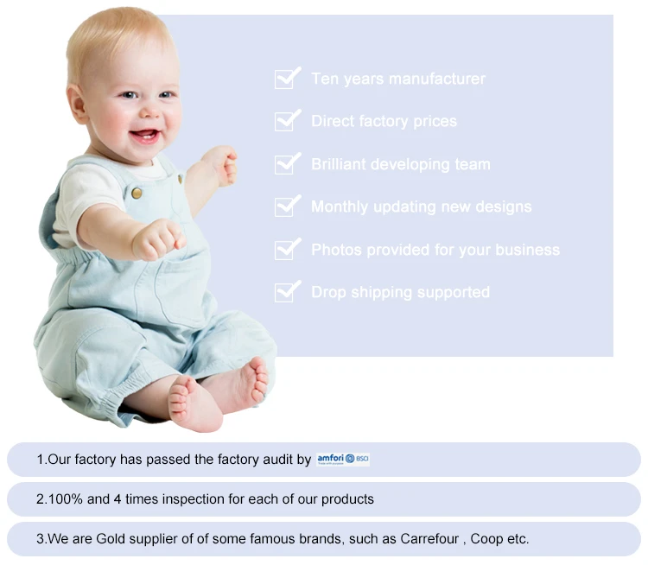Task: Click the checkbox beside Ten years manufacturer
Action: (x=285, y=79)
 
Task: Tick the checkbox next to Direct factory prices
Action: (x=285, y=121)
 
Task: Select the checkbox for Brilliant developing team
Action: (x=285, y=164)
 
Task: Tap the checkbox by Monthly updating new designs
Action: (x=285, y=206)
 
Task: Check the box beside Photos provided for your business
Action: (x=285, y=249)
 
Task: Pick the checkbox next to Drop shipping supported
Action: (x=285, y=292)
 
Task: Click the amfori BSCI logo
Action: (x=343, y=460)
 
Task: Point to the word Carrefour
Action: (x=429, y=539)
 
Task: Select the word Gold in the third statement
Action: (x=106, y=539)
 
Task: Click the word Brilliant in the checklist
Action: (x=339, y=164)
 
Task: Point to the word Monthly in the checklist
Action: (x=340, y=206)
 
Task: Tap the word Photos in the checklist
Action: (x=336, y=250)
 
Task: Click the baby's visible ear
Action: (x=77, y=105)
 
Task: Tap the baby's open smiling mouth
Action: (x=143, y=136)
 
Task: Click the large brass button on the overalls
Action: (x=137, y=193)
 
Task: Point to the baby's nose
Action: (x=151, y=111)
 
